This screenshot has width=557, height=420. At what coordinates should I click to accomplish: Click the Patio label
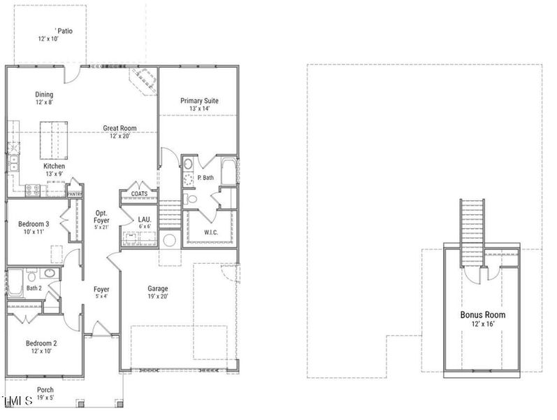pos(64,31)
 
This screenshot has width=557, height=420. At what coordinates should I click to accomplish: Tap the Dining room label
pos(44,94)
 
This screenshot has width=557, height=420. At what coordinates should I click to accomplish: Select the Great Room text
pos(120,128)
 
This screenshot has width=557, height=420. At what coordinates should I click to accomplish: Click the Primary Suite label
pos(199,101)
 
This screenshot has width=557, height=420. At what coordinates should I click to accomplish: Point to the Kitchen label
pos(54,166)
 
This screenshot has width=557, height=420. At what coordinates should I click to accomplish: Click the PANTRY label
pos(75,194)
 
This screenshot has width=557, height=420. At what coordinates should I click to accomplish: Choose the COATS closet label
pos(139,194)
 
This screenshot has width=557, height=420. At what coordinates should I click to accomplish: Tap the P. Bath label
pos(205,178)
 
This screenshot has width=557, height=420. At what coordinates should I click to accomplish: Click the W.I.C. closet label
pos(212,232)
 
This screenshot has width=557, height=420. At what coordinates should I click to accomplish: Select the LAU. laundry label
pos(144,219)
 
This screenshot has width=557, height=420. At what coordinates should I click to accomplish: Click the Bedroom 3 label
pos(34,224)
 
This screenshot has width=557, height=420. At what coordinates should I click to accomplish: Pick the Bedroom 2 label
pos(41,343)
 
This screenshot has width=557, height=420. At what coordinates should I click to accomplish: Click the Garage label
pos(157,288)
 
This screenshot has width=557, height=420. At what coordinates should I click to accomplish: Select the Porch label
pos(46,390)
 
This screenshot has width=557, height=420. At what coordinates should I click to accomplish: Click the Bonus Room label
pos(482,315)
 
